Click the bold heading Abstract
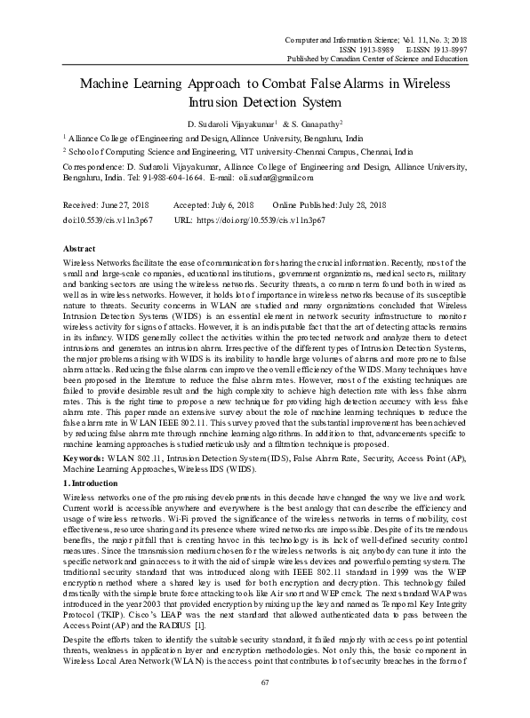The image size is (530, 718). tap(82, 251)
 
